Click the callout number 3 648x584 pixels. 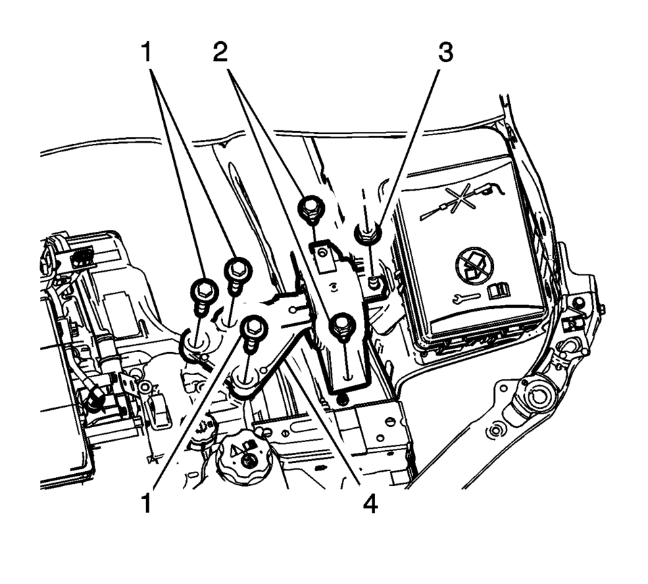coord(445,53)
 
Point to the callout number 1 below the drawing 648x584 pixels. coord(147,504)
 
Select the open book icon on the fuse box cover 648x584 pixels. coord(499,291)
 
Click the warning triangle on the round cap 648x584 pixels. coord(236,449)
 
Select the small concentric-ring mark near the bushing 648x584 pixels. coord(494,431)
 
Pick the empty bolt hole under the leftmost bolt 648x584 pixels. coord(197,343)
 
